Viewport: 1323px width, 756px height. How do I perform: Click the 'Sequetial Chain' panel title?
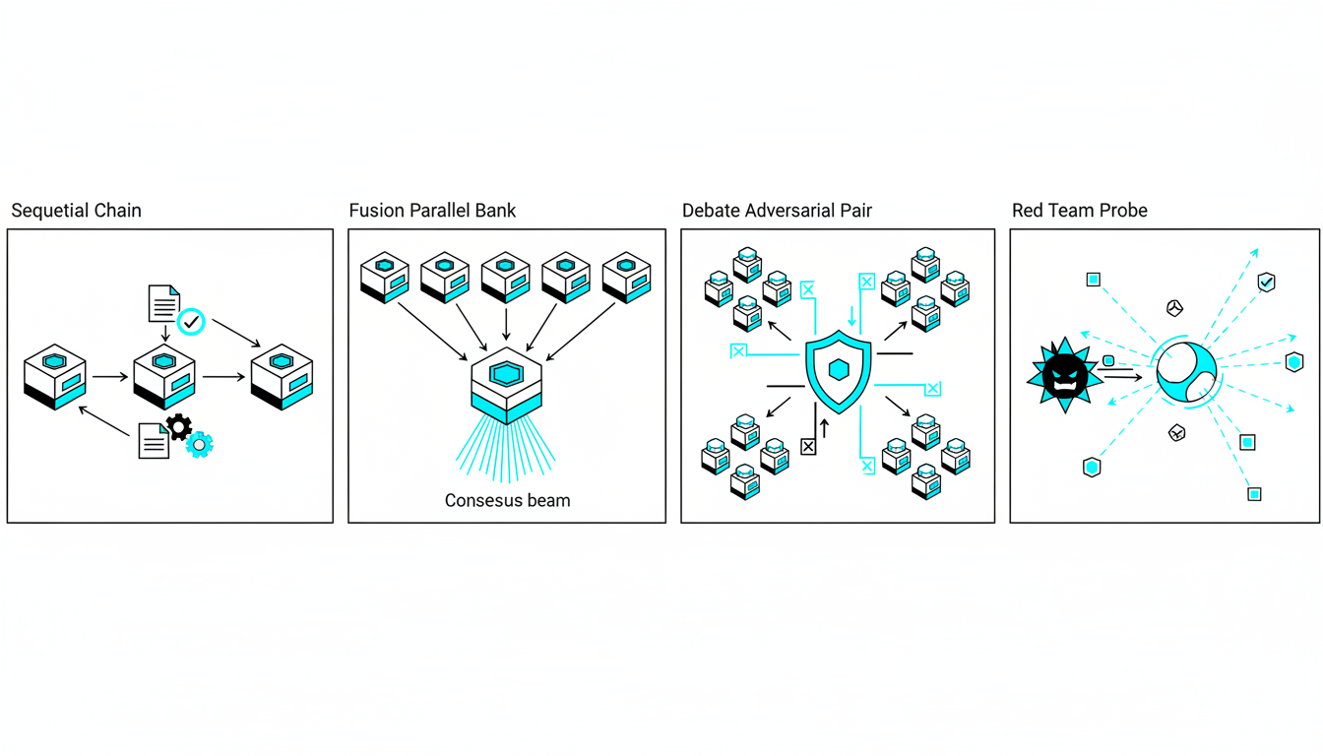point(77,211)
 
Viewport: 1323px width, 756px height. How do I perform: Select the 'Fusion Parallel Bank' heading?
point(432,211)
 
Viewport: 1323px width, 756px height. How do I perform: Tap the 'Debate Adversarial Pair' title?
point(777,211)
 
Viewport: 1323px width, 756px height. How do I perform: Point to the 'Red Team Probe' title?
point(1079,211)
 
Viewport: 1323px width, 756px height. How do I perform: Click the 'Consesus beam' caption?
point(507,500)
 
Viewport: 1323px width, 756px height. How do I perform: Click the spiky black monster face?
point(1064,373)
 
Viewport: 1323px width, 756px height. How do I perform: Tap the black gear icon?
point(178,425)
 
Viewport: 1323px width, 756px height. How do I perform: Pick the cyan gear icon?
point(200,444)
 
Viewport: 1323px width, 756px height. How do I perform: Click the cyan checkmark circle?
point(191,321)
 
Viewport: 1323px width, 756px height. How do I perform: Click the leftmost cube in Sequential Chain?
point(55,377)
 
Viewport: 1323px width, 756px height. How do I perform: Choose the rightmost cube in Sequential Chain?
point(282,377)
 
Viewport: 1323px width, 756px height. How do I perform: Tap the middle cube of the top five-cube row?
point(506,277)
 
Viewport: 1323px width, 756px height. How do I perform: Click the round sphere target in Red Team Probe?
point(1186,371)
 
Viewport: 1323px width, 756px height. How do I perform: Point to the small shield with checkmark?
point(1267,283)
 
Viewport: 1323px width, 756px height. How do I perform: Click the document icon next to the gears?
point(154,440)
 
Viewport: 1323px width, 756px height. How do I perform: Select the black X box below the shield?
point(808,447)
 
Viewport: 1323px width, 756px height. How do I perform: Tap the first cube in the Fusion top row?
point(384,277)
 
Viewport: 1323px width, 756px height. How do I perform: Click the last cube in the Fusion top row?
point(626,277)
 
